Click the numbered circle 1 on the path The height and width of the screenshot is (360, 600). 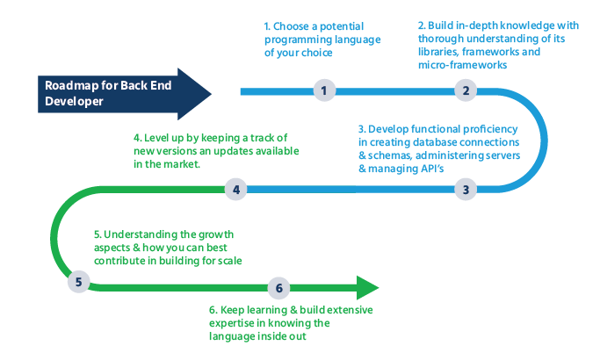pos(324,90)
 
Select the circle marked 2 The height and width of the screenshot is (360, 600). pos(466,90)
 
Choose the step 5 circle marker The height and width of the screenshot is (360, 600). pos(79,283)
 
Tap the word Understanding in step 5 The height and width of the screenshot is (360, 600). pos(141,235)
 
